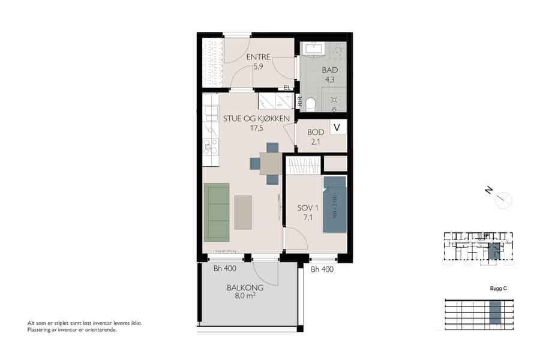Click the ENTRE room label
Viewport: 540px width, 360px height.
(x=259, y=57)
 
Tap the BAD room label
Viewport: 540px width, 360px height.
(x=330, y=70)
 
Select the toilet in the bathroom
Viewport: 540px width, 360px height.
(x=310, y=105)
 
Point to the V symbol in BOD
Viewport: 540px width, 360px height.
(x=337, y=127)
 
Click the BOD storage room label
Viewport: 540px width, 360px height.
(x=316, y=132)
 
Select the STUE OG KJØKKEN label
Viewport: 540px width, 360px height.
(x=257, y=118)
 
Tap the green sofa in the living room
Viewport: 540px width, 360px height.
(x=217, y=211)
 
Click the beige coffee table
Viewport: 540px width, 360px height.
(x=243, y=212)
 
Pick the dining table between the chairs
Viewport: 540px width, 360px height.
(x=271, y=163)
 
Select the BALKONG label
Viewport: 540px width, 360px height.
(x=245, y=287)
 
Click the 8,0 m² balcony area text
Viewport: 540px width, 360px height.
(x=245, y=295)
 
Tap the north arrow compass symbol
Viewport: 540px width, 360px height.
(x=503, y=200)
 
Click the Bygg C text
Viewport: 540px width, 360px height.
(x=499, y=289)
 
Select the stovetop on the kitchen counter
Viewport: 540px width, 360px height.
(x=210, y=146)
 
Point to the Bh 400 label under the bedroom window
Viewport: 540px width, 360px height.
(x=322, y=269)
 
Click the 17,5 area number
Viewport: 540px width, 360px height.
(x=257, y=127)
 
